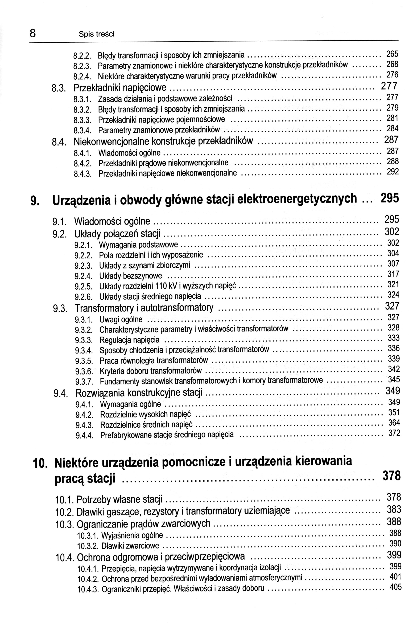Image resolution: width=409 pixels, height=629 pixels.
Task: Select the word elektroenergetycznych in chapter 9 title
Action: click(x=297, y=199)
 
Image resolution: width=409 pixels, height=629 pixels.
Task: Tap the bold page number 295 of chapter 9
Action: click(x=389, y=198)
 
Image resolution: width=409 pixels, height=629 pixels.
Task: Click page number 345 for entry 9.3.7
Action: click(x=394, y=380)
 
